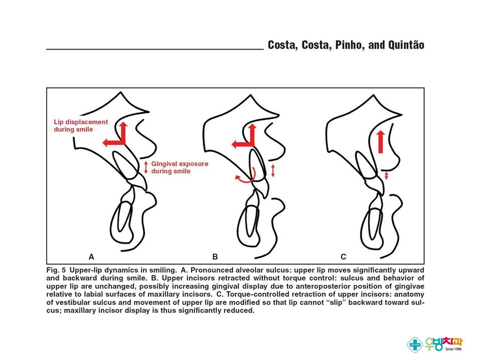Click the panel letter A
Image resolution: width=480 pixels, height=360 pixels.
click(x=91, y=257)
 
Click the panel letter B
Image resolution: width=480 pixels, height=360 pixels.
click(x=215, y=257)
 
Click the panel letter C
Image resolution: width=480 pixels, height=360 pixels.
click(x=344, y=257)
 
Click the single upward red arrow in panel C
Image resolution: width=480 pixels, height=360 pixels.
click(x=381, y=140)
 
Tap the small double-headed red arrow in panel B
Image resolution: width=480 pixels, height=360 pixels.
click(x=273, y=170)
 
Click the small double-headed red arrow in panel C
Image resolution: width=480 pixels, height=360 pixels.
click(x=386, y=176)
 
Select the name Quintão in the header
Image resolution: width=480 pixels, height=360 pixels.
click(x=404, y=45)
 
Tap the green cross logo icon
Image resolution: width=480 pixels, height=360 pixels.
click(x=414, y=343)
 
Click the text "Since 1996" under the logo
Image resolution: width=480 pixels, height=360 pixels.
click(x=453, y=349)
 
